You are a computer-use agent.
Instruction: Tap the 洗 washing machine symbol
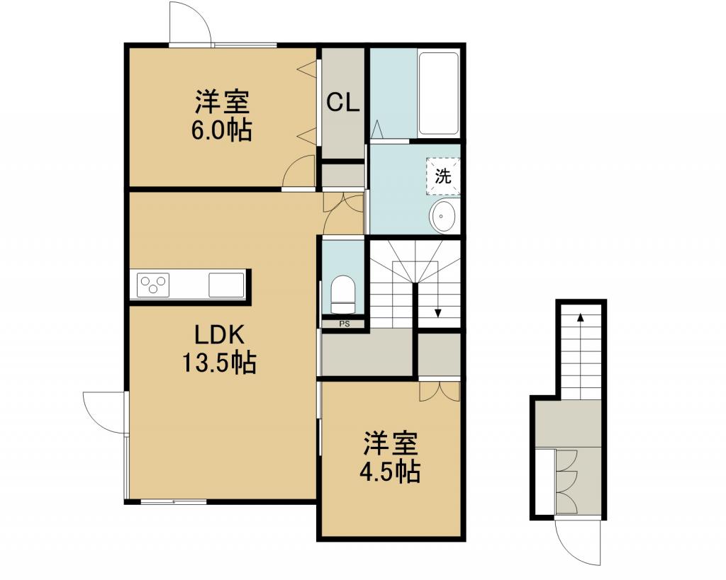pyautogui.click(x=442, y=176)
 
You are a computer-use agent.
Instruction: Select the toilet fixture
pyautogui.click(x=343, y=295)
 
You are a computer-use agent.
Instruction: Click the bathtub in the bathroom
pyautogui.click(x=438, y=94)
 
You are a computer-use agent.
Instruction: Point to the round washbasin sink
pyautogui.click(x=444, y=216)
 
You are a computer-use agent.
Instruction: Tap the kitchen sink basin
pyautogui.click(x=226, y=285)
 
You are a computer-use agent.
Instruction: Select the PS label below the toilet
pyautogui.click(x=344, y=324)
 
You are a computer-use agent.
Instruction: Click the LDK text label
pyautogui.click(x=219, y=335)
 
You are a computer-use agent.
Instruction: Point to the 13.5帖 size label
pyautogui.click(x=219, y=362)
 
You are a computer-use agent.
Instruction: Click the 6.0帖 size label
pyautogui.click(x=221, y=130)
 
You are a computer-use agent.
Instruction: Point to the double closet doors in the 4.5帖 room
pyautogui.click(x=439, y=392)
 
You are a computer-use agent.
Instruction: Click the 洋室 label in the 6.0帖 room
pyautogui.click(x=222, y=102)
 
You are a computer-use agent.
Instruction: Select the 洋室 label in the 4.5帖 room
pyautogui.click(x=390, y=443)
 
